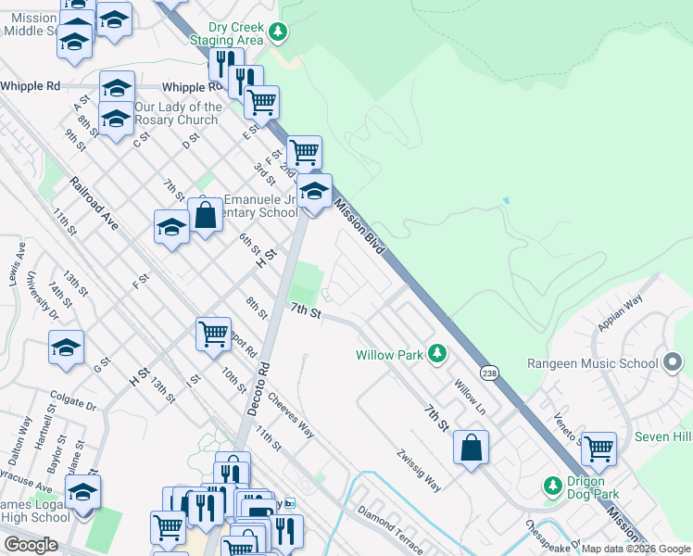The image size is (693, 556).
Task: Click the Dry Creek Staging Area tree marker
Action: [x=277, y=33]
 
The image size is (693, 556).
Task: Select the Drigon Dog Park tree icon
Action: [x=553, y=486]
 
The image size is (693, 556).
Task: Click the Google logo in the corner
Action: [x=31, y=545]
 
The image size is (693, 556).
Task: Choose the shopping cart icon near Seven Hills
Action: [x=598, y=448]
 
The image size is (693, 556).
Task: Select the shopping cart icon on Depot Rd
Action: [x=214, y=332]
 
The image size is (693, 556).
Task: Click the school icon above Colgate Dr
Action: [x=67, y=347]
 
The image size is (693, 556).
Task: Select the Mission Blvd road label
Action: [x=359, y=228]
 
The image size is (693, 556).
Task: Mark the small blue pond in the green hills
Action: [x=506, y=200]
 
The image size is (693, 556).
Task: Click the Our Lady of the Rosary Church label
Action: [x=179, y=113]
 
